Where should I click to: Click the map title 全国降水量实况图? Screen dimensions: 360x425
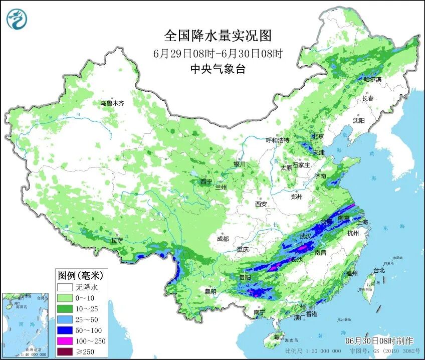(218, 36)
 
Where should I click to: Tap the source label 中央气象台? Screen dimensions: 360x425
(218, 69)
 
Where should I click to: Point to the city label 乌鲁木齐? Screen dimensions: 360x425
(112, 103)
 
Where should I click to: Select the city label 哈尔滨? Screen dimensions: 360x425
(372, 79)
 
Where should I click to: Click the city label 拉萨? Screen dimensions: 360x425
(117, 241)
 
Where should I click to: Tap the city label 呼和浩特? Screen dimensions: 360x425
(277, 140)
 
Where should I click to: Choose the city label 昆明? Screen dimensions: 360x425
(210, 292)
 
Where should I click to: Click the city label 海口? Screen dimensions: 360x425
(279, 336)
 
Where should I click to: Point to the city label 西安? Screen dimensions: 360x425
(261, 204)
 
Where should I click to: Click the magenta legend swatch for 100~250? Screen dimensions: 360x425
(65, 341)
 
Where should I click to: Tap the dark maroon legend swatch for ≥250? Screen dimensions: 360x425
(65, 351)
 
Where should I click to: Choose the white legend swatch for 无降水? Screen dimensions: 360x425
(65, 288)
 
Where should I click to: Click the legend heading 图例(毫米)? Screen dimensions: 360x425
(80, 275)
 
